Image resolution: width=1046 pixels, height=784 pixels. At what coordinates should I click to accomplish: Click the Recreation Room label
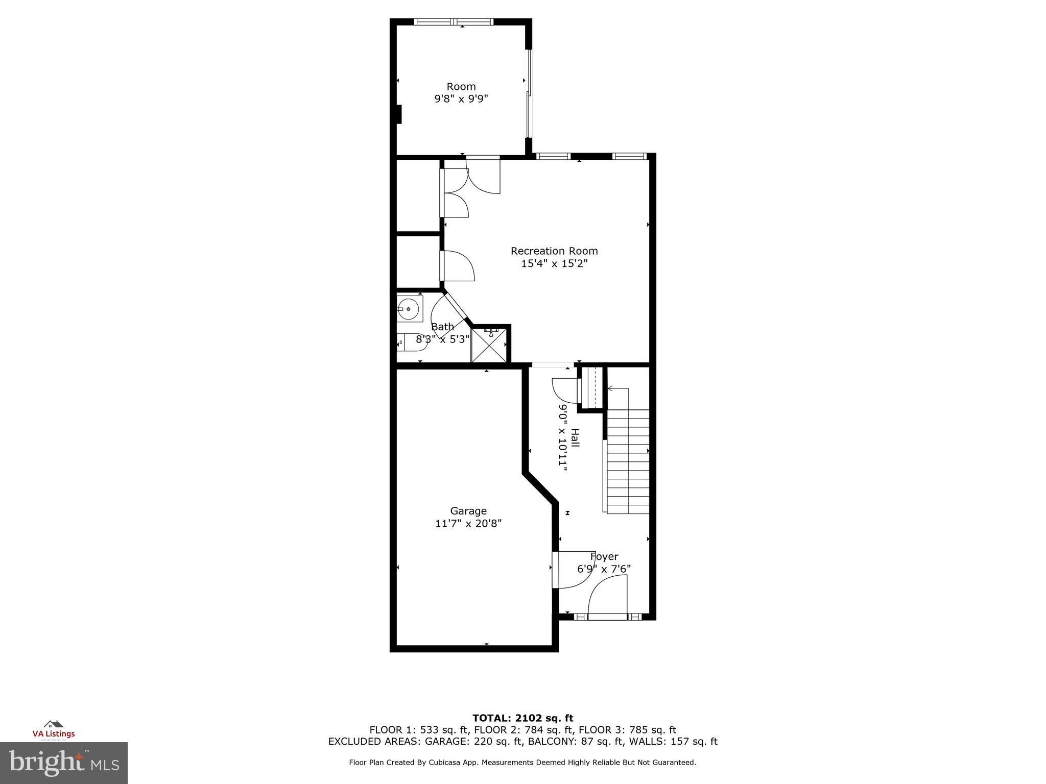554,251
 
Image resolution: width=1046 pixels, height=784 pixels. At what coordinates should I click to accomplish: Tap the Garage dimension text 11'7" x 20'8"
468,524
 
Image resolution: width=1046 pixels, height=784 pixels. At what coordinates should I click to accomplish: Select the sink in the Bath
409,309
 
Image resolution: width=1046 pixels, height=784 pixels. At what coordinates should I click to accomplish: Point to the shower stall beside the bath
490,345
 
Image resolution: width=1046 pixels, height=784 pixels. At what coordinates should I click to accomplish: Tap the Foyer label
604,556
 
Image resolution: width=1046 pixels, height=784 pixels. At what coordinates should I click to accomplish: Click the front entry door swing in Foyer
608,595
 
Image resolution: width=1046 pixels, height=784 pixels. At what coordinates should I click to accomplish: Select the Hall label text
575,438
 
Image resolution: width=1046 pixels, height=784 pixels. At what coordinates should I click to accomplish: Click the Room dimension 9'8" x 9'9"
461,99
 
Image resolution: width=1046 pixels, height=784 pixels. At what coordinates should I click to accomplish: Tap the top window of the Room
454,22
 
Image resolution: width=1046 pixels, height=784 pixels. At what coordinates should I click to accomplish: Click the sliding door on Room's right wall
529,94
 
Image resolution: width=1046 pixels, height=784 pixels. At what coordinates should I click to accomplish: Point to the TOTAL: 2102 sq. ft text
522,718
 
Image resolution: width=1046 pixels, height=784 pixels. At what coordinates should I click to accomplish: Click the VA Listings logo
54,730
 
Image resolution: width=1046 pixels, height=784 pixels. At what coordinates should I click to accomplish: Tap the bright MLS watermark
64,763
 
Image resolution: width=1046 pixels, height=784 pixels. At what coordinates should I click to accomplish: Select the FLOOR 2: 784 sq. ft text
524,730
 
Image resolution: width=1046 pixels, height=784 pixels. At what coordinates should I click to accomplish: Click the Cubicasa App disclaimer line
522,763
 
